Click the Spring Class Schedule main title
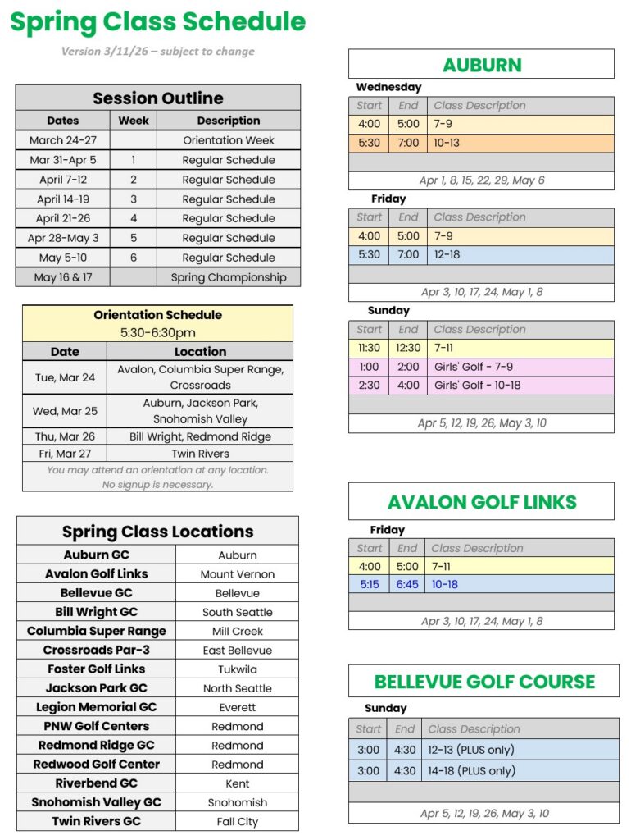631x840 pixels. point(158,22)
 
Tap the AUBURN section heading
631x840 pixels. point(482,65)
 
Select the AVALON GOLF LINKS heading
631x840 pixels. point(482,502)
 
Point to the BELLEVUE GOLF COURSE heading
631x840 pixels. point(484,682)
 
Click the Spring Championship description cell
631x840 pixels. point(229,277)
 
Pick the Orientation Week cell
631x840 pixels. point(229,140)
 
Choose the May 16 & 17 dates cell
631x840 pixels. point(63,277)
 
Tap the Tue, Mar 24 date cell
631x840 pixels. point(65,377)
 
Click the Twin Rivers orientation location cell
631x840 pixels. point(200,454)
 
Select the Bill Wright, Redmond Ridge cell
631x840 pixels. point(200,436)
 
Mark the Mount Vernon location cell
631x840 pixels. point(238,574)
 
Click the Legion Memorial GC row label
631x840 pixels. point(96,707)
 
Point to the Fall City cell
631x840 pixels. point(238,821)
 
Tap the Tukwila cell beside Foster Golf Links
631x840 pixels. point(238,669)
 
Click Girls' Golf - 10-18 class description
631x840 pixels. point(478,385)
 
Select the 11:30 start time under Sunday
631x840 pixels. point(369,348)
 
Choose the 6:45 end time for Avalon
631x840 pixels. point(407,585)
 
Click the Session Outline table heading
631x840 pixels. point(158,98)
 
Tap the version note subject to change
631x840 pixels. point(158,52)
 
